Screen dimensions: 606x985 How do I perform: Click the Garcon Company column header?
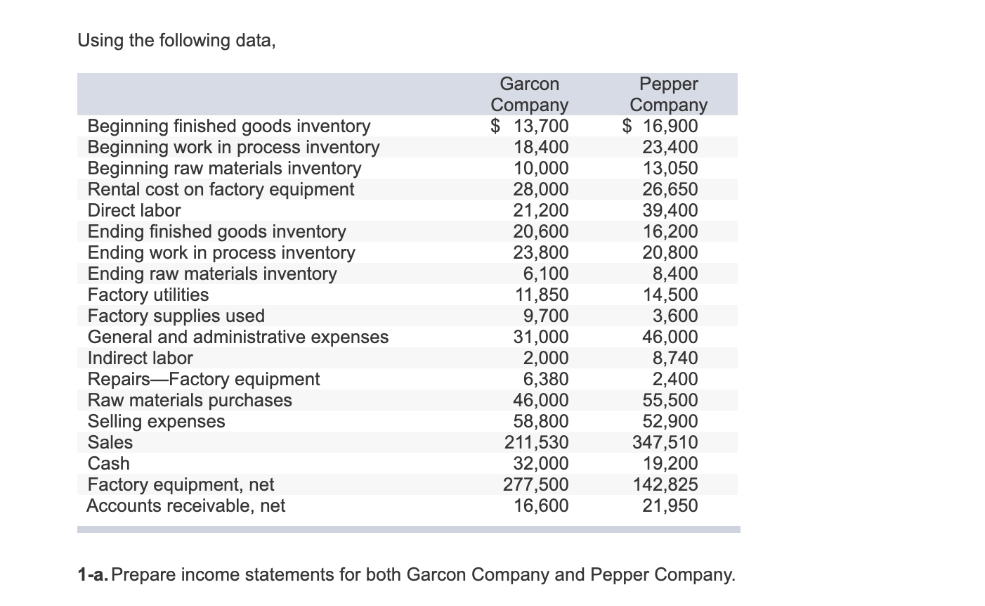pyautogui.click(x=529, y=94)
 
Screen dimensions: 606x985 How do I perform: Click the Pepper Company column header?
pyautogui.click(x=668, y=94)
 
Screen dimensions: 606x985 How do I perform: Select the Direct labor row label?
pyautogui.click(x=133, y=210)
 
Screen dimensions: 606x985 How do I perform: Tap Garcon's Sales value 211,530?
pyautogui.click(x=537, y=442)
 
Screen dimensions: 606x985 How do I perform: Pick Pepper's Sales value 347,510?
pyautogui.click(x=665, y=442)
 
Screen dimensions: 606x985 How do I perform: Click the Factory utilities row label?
pyautogui.click(x=148, y=295)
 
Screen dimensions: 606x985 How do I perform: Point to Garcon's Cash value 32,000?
pyautogui.click(x=541, y=463)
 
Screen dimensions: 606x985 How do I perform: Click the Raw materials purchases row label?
pyautogui.click(x=189, y=400)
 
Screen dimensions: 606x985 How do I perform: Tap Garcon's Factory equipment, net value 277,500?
pyautogui.click(x=537, y=484)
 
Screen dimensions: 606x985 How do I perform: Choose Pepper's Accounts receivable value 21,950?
pyautogui.click(x=670, y=505)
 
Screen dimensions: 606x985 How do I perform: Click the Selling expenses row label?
pyautogui.click(x=156, y=421)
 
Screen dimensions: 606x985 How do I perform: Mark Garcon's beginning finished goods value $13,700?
pyautogui.click(x=530, y=126)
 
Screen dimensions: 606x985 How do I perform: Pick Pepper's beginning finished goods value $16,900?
pyautogui.click(x=660, y=126)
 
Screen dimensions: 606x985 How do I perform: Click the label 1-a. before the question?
pyautogui.click(x=93, y=575)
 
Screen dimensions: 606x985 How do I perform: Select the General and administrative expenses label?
pyautogui.click(x=237, y=337)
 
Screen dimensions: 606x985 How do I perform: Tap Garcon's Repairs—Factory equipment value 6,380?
pyautogui.click(x=546, y=379)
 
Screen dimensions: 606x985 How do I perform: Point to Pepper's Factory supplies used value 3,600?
pyautogui.click(x=675, y=316)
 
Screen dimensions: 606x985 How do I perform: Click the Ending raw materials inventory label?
pyautogui.click(x=211, y=273)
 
